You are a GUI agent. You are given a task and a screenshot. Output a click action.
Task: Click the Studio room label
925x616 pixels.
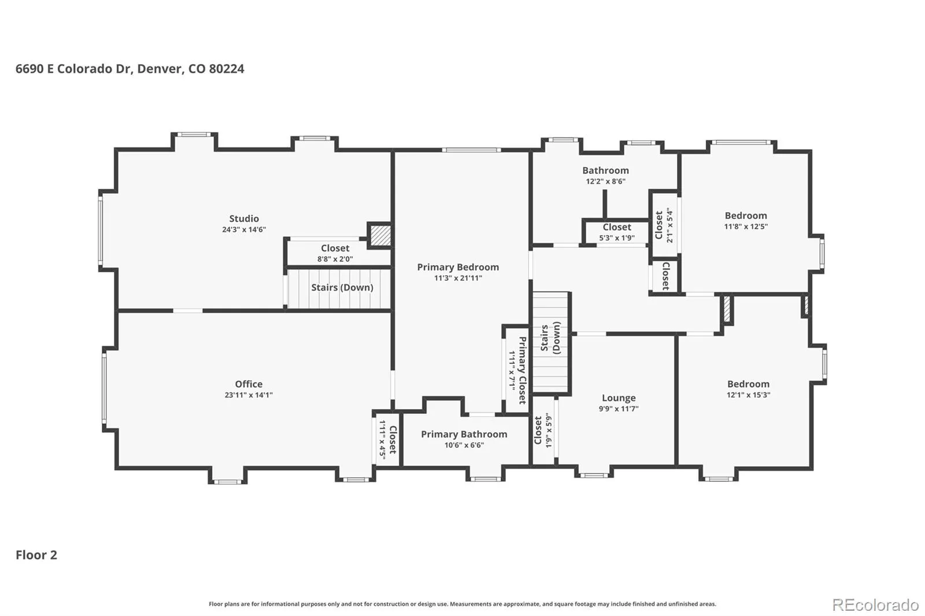[244, 219]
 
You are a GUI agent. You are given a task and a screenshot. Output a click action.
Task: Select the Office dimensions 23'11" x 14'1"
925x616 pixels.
[249, 395]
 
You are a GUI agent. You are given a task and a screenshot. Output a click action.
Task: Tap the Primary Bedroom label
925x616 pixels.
[458, 268]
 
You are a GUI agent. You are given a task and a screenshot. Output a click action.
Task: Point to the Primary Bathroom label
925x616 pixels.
[464, 435]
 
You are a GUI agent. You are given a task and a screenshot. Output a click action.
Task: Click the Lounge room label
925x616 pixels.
[619, 398]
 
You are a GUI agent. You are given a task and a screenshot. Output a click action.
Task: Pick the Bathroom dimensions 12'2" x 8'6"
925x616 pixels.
[605, 181]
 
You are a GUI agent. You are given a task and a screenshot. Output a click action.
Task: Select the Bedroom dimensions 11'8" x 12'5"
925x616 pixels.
[746, 227]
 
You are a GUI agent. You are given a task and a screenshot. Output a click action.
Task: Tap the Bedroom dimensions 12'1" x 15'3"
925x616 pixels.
[748, 395]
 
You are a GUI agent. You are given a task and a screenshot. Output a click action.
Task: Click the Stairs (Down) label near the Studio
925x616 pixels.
[342, 287]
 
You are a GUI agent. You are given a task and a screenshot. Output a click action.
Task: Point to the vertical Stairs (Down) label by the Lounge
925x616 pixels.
[550, 337]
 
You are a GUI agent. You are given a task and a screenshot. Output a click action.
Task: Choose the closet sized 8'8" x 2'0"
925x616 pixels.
[335, 253]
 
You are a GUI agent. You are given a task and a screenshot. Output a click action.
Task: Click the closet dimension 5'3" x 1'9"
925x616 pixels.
[616, 238]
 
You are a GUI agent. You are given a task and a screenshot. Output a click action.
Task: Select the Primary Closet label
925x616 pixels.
[523, 370]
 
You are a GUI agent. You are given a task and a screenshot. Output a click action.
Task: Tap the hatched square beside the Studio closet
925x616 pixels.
[380, 236]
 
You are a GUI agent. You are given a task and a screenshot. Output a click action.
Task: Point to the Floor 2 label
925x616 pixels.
[36, 555]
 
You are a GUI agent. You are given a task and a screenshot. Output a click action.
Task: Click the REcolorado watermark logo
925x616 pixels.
[875, 605]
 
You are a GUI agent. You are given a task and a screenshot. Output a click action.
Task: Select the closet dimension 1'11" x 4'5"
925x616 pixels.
[382, 440]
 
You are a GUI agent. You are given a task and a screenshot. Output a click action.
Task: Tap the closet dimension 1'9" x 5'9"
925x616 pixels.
[549, 430]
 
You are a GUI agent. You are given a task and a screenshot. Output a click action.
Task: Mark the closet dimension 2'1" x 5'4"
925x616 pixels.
[669, 225]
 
